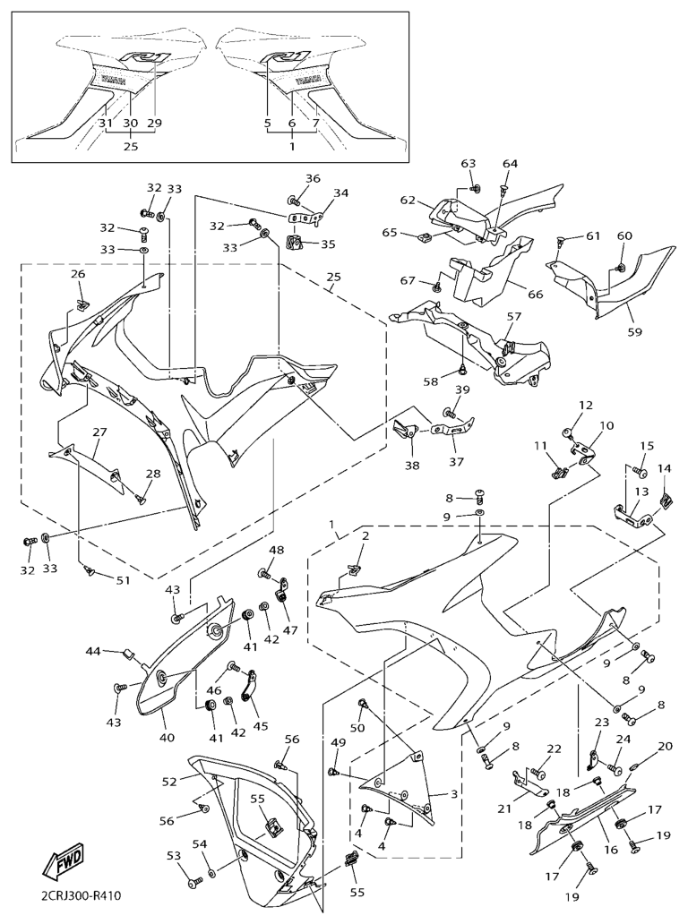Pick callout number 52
point(169,781)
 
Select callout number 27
point(99,432)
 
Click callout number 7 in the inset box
point(315,123)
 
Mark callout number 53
point(174,857)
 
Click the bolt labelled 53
point(194,883)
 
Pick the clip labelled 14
point(667,499)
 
